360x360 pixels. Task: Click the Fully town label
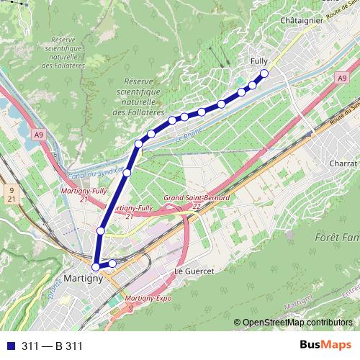coord(258,62)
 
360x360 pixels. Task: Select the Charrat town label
coord(338,164)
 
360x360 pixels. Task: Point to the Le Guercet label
coord(191,271)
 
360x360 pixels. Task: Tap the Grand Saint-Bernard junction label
coord(197,197)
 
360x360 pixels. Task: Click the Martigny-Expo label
coord(150,297)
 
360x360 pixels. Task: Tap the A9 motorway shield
coord(38,134)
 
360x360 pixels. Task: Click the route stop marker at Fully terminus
coord(264,73)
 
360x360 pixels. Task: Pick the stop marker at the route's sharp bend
coord(138,144)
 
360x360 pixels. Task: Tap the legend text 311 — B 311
coord(52,346)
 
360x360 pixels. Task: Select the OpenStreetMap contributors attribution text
coord(297,322)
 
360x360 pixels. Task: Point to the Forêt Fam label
coord(337,237)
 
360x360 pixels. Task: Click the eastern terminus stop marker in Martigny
coord(112,264)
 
